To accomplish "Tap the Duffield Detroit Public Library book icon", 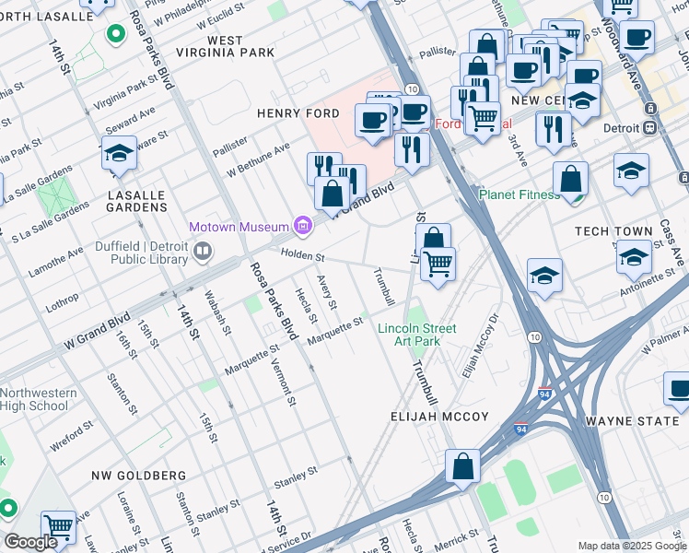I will click(202, 249).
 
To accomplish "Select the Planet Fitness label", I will click(520, 194).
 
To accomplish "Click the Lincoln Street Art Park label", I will click(416, 335).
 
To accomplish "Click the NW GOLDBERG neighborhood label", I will click(138, 476).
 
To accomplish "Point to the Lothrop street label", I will click(64, 300).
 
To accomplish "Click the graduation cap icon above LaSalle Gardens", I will click(120, 153).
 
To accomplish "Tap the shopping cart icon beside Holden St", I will click(438, 264).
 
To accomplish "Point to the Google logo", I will click(30, 542).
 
